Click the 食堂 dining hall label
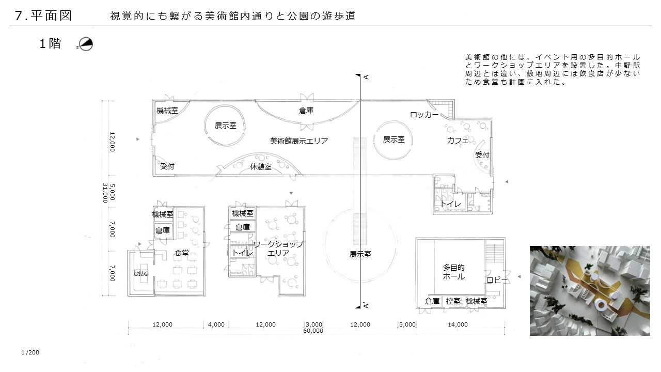(x=181, y=253)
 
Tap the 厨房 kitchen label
(x=140, y=273)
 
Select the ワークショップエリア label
(x=278, y=249)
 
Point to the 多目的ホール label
(x=454, y=272)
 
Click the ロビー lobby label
(x=497, y=280)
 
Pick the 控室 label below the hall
(x=453, y=301)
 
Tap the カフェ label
(x=458, y=141)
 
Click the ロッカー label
(x=424, y=115)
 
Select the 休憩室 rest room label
(x=261, y=167)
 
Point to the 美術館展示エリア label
(x=299, y=141)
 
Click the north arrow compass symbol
(x=86, y=44)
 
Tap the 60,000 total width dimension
(x=313, y=331)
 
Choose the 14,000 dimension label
(x=458, y=324)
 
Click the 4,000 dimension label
(x=216, y=324)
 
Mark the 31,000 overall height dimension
(x=105, y=193)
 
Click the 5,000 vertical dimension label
(x=112, y=192)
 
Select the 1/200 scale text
(x=30, y=352)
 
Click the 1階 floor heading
(x=50, y=44)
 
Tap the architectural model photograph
(x=590, y=291)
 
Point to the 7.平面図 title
(x=43, y=16)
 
